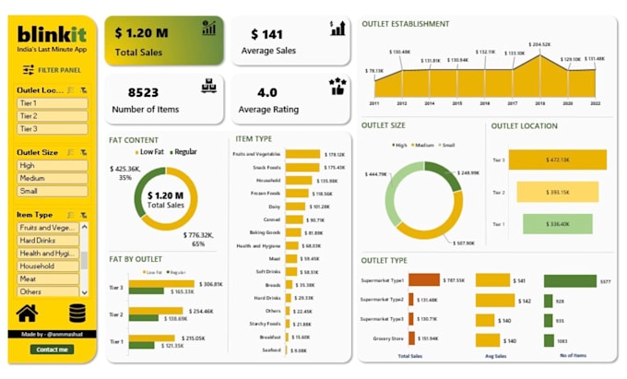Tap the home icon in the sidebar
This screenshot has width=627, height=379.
point(28,314)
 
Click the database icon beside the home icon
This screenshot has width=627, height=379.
point(77,314)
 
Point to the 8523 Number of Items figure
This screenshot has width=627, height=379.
point(144,92)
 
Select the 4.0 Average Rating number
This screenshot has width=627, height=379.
point(266,92)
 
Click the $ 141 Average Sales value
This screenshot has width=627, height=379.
point(266,34)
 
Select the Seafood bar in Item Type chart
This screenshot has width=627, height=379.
point(288,350)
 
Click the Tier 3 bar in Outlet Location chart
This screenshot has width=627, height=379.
point(558,160)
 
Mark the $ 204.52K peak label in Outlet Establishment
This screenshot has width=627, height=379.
point(540,44)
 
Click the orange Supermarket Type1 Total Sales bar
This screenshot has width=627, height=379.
point(424,280)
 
